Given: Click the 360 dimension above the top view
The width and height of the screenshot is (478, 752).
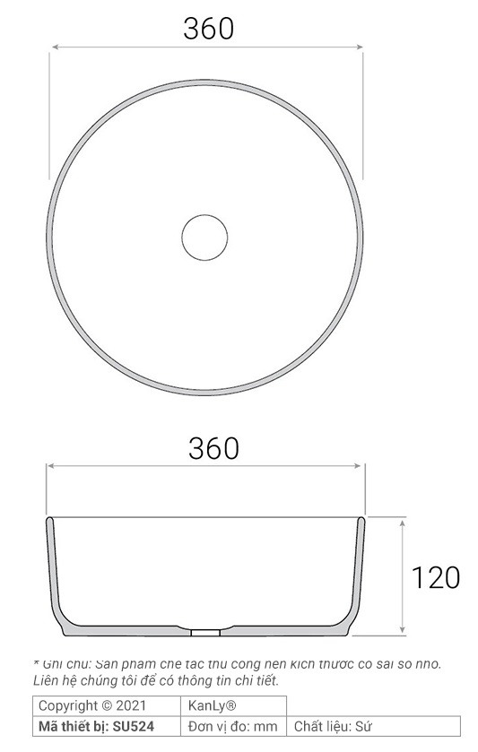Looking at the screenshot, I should (208, 29).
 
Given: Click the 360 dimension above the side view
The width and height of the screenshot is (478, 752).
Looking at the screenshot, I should (213, 447).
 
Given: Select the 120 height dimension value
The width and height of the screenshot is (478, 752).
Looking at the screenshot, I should (436, 576).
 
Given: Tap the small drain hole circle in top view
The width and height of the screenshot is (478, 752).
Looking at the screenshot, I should (205, 237).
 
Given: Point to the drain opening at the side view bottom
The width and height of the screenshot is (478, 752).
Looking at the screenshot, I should (206, 631).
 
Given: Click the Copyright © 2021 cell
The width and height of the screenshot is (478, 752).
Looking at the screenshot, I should (92, 705).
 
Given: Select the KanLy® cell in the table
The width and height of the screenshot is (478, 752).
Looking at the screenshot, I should (212, 705).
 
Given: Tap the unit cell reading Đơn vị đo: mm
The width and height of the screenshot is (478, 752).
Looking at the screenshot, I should (233, 726).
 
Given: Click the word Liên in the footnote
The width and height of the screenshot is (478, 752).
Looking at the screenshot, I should (46, 680).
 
